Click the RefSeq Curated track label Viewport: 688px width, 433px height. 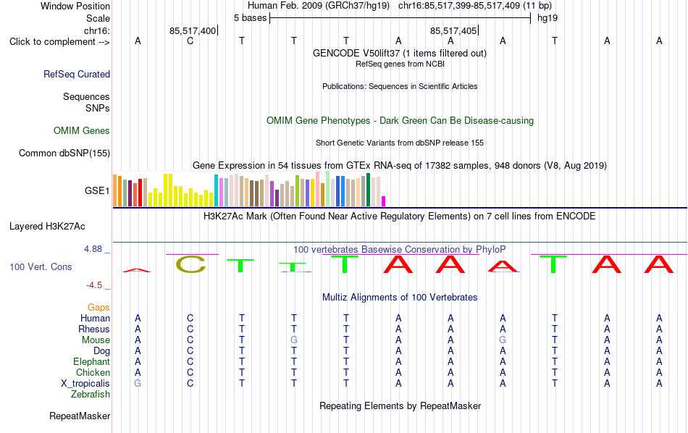(77, 74)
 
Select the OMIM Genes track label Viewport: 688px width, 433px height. (82, 131)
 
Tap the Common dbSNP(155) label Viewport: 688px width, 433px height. (64, 153)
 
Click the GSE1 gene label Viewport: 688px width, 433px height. (97, 190)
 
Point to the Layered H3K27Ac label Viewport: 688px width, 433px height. (47, 227)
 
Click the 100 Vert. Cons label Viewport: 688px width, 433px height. (41, 266)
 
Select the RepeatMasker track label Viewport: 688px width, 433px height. (80, 416)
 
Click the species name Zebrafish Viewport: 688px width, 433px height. (91, 394)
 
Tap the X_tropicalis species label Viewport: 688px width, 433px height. (85, 384)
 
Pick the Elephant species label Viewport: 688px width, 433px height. (91, 361)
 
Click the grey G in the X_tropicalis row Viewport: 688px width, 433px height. (138, 384)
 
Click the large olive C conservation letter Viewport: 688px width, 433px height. (191, 264)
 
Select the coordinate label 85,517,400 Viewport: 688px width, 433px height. (193, 30)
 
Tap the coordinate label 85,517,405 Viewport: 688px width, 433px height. (453, 30)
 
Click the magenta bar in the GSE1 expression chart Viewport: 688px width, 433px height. (384, 201)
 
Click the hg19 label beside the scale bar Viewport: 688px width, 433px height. (548, 18)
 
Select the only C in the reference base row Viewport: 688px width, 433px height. (190, 41)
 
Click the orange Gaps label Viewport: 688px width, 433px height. (98, 307)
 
